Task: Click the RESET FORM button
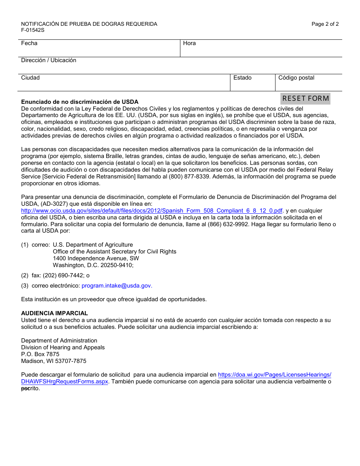tap(305, 99)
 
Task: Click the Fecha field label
tap(29, 43)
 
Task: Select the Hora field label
tap(189, 43)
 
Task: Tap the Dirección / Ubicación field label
tap(49, 60)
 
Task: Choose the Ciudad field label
tap(30, 78)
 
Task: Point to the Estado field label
tap(242, 78)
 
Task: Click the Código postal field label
tap(296, 78)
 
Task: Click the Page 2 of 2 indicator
tap(325, 24)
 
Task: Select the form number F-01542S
tap(33, 30)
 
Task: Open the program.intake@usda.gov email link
tap(117, 286)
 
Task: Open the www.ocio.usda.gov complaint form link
tap(152, 211)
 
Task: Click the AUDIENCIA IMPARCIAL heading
tap(55, 313)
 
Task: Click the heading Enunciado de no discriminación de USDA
tap(80, 102)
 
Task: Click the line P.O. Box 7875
tap(40, 354)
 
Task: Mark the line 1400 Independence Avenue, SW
tap(96, 258)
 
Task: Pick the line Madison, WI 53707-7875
tap(54, 361)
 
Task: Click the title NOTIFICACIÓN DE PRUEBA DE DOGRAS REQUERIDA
tap(89, 24)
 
